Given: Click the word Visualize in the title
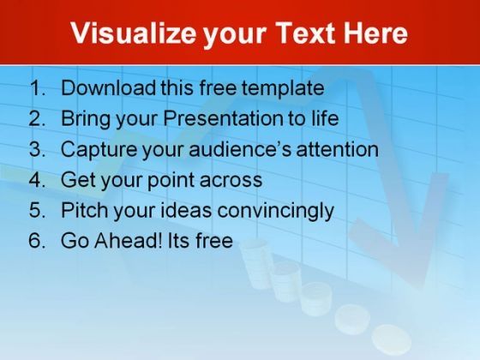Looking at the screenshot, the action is [x=133, y=33].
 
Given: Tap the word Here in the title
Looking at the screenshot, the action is [x=375, y=33].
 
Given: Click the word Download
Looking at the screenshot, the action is [x=109, y=87].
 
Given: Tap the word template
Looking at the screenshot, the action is [x=283, y=89].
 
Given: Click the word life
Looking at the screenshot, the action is [x=325, y=118].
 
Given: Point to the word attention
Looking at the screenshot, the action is [x=338, y=149].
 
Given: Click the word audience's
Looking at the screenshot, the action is [x=240, y=149].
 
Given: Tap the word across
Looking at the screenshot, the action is [x=231, y=181].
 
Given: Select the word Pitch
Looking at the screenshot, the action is [x=85, y=210].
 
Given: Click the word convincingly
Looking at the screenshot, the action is [x=275, y=211].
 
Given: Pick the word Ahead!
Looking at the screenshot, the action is [x=128, y=240].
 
